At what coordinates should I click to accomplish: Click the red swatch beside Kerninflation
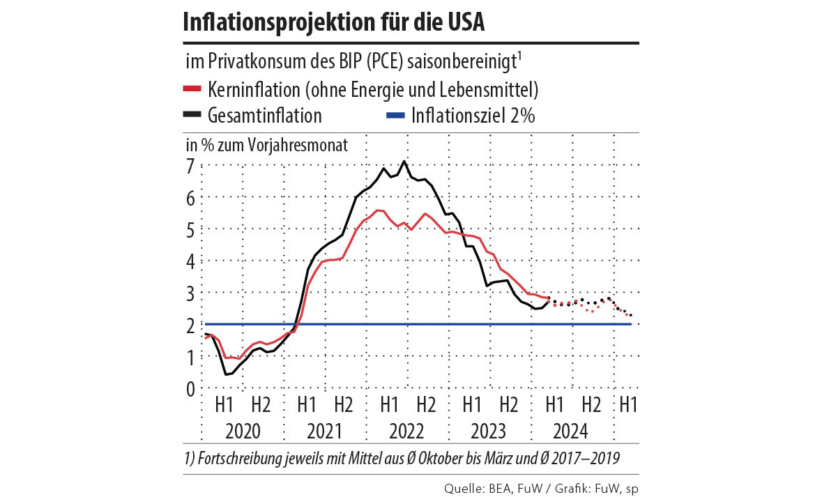pos(192,89)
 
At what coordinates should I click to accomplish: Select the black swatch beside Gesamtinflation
pos(192,114)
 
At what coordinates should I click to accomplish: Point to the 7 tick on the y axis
pos(190,166)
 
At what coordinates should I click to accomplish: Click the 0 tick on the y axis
pos(190,388)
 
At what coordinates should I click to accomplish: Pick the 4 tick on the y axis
pos(190,261)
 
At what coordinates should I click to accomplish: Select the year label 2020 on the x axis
pos(243,430)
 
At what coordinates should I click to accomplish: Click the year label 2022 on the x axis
pos(407,430)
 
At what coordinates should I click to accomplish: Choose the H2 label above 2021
pos(343,404)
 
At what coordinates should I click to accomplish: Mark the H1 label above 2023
pos(471,404)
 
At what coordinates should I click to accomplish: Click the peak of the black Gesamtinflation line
pos(404,162)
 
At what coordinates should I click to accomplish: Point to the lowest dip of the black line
pos(226,374)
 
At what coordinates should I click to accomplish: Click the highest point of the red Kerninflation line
pos(378,211)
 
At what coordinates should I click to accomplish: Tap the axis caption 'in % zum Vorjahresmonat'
pos(266,145)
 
